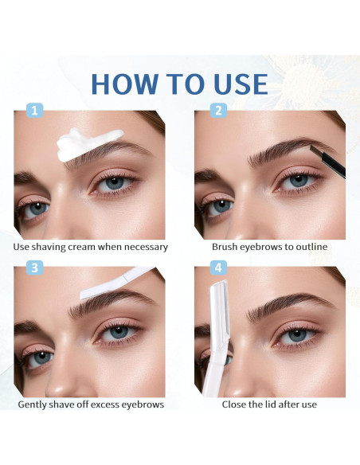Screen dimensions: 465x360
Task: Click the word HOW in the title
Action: pyautogui.click(x=127, y=84)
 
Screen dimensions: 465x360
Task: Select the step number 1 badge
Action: pyautogui.click(x=34, y=111)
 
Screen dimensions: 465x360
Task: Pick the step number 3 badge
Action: pyautogui.click(x=34, y=268)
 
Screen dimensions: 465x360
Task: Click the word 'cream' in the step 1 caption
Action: pyautogui.click(x=89, y=247)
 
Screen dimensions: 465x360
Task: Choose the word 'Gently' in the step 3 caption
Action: pyautogui.click(x=35, y=404)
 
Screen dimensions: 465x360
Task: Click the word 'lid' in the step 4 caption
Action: pyautogui.click(x=264, y=404)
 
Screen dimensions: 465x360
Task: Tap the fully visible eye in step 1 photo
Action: pyautogui.click(x=115, y=182)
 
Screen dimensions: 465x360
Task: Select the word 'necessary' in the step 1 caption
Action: pyautogui.click(x=143, y=247)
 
